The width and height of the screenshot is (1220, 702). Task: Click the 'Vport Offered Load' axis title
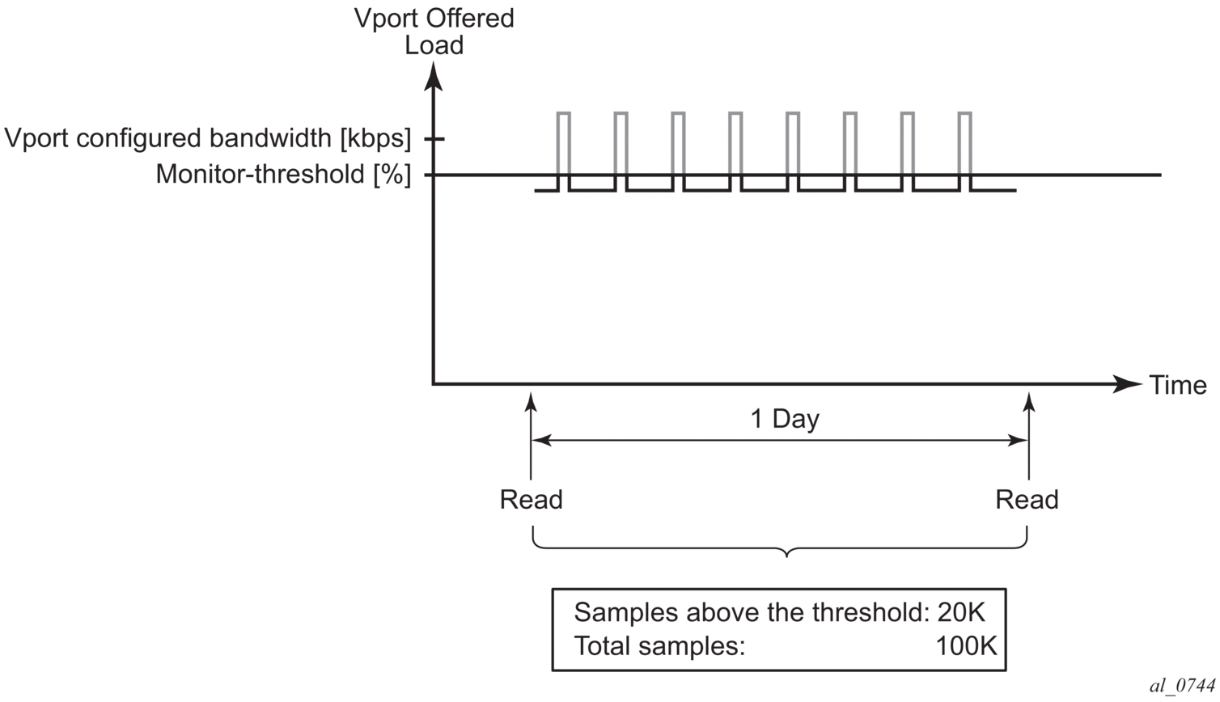434,31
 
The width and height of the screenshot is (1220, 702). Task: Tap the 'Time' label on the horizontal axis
1178,386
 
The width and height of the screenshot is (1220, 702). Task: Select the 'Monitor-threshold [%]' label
283,174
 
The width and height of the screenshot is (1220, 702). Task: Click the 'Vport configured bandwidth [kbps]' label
208,138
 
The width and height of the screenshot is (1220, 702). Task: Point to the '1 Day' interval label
785,419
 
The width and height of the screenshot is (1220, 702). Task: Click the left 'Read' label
531,500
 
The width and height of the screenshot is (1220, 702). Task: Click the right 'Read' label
1027,500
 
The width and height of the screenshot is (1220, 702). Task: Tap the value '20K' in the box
961,612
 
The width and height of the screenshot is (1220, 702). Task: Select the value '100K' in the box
966,646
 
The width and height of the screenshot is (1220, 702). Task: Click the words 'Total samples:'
659,646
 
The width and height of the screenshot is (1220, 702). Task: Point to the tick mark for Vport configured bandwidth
434,139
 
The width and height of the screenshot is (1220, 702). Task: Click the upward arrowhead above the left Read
531,401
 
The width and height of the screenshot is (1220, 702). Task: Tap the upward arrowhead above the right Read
1028,401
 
